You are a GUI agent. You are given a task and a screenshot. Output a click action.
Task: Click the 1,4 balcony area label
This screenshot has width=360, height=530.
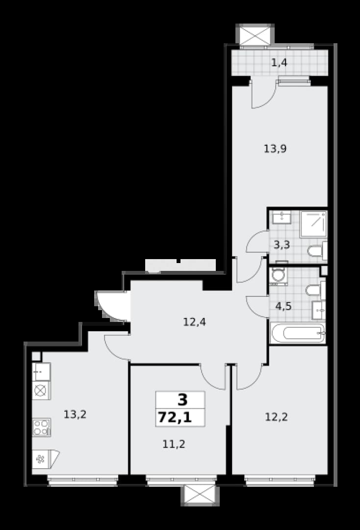coord(279,62)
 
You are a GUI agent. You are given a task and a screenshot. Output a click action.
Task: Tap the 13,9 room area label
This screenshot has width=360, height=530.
coord(275,148)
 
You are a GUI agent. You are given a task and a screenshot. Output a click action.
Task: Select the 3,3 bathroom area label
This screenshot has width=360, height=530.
coord(282,244)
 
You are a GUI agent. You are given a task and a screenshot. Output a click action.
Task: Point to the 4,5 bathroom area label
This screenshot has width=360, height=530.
coord(283,306)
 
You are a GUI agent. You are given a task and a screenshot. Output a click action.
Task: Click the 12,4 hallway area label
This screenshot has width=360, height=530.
coord(195,322)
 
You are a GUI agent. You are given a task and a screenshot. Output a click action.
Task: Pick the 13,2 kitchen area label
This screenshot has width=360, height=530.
coord(76,414)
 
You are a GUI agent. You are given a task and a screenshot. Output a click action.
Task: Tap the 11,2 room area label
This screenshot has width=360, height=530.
coord(174,444)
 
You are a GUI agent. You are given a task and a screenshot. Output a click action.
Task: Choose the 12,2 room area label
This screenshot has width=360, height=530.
coord(276,417)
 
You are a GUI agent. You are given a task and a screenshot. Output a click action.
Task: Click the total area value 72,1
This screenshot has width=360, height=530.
coord(175,418)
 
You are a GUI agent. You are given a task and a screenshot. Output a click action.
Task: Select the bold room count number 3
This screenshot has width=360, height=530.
coord(182,400)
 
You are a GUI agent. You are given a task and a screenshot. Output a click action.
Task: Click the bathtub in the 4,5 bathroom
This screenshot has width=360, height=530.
coord(298,333)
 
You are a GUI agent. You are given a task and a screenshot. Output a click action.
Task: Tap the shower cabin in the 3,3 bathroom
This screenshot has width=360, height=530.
coord(313,224)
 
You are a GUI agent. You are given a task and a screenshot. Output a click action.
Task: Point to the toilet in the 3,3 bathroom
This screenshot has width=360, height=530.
coord(317,251)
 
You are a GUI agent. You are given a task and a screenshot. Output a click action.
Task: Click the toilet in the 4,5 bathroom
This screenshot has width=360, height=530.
coord(315,290)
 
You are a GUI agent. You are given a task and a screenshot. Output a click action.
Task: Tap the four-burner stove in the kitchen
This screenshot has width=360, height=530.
coord(41,427)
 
